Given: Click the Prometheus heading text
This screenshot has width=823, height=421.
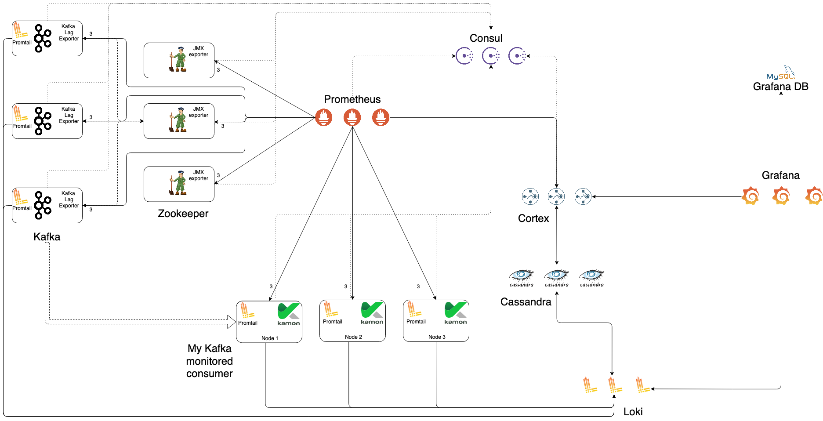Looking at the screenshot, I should coord(352,99).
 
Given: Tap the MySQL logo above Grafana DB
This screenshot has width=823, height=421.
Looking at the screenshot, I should coord(781,74).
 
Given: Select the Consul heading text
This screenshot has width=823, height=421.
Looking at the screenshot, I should coord(486,38).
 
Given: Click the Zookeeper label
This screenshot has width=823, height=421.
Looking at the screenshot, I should coord(183,214).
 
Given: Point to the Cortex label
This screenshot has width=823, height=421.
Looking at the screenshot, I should coord(533,218).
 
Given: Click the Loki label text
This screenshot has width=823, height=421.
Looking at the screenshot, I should coord(633,412).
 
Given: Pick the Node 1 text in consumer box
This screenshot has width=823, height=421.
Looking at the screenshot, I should coord(269,338).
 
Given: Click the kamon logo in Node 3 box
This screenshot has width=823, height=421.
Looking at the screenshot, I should coord(455,313).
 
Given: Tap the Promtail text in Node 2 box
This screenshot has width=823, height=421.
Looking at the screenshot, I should coord(332,322).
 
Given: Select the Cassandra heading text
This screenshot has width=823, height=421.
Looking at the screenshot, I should coord(526,302).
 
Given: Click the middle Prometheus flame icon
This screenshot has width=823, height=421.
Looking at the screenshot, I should coord(352,117).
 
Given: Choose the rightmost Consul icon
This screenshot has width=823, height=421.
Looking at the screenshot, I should coord(517,56).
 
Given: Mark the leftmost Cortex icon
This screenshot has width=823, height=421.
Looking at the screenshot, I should coord(530,196).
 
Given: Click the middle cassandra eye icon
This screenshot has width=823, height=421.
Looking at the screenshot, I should coord(556,276).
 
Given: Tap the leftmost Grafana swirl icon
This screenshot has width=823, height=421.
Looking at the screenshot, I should coord(750,196).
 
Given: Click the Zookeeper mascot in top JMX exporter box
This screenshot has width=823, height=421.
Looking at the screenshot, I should coord(178,59).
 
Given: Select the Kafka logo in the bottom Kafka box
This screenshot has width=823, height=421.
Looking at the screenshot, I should coord(42,205).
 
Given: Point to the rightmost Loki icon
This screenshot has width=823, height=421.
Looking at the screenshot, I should coord(642,385).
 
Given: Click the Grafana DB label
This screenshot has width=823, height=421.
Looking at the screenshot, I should coord(780,87).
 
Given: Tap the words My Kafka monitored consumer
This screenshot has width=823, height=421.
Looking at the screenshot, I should coord(209,361).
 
